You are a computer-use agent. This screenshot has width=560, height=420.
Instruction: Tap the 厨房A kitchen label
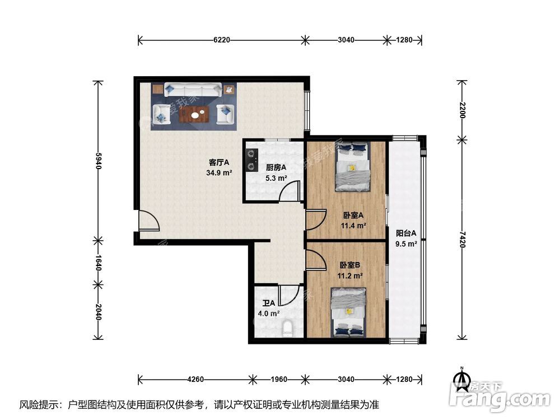pos(276,167)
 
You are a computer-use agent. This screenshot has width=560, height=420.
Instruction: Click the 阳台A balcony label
pos(406,234)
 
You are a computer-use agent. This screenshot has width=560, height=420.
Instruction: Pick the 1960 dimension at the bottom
pos(278,379)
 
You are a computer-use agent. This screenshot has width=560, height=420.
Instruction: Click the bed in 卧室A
pos(352,166)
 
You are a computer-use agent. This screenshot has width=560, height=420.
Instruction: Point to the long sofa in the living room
pos(193,90)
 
